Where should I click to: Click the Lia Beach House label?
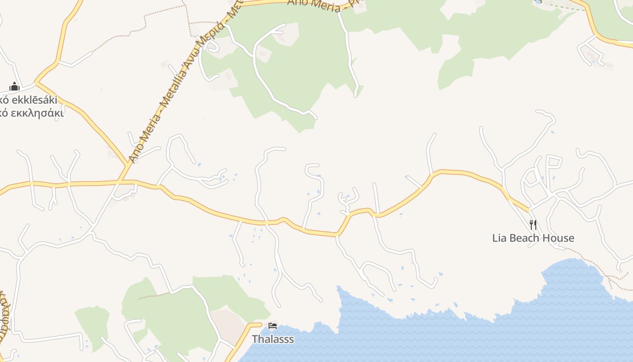(533, 238)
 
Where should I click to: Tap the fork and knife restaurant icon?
(533, 224)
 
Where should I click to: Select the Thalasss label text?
(273, 339)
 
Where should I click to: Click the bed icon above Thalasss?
(273, 326)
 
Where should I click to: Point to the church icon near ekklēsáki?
(14, 86)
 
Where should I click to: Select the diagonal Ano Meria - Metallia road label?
(181, 86)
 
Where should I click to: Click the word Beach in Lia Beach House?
(530, 238)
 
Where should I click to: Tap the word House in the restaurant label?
(559, 238)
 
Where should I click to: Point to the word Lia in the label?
(500, 238)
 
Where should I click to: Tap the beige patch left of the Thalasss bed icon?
(228, 324)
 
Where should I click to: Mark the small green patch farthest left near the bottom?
(93, 326)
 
